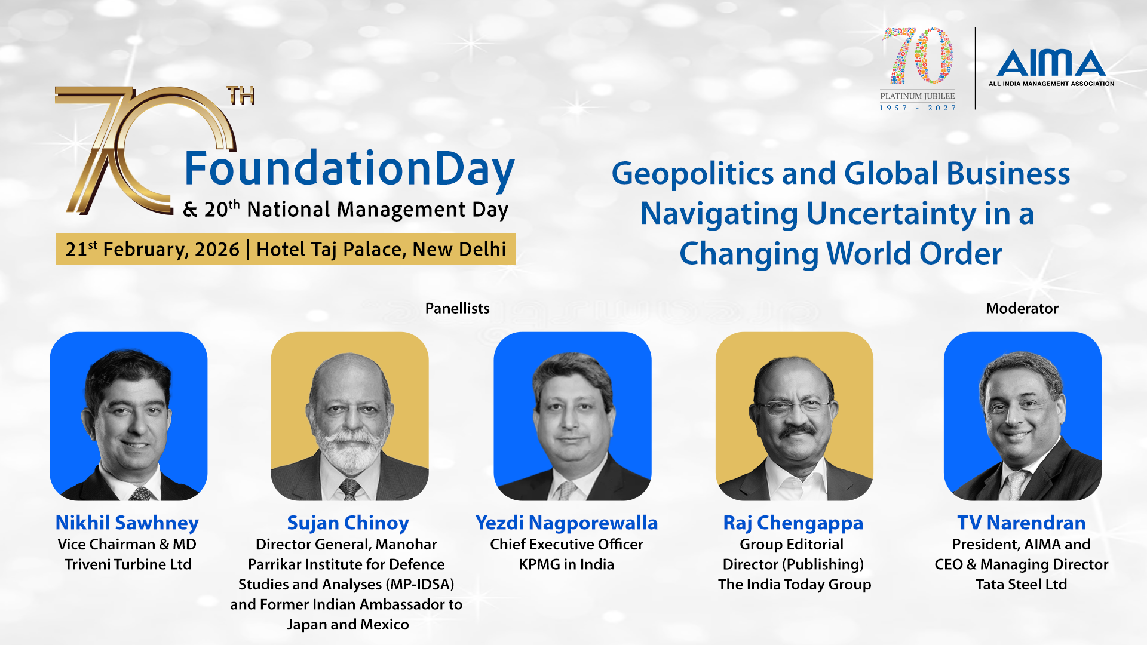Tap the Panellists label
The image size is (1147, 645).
[457, 308]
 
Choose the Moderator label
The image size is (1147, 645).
[1022, 308]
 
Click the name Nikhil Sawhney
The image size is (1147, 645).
[127, 523]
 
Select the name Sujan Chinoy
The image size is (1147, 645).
[348, 523]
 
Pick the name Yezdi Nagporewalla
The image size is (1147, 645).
[566, 523]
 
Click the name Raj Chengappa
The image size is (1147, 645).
[793, 523]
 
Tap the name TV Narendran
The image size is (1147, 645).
[1022, 523]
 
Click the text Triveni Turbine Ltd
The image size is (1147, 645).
[128, 564]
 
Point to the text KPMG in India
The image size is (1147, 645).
[566, 564]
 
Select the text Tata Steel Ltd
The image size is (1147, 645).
[1022, 584]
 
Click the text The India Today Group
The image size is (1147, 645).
[795, 584]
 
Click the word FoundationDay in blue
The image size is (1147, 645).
[349, 169]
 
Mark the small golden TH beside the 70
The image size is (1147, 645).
[241, 96]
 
